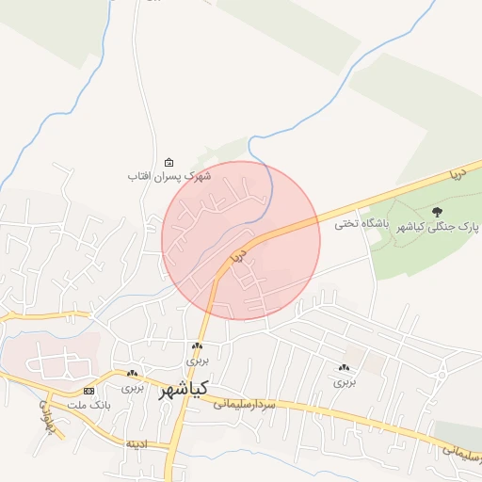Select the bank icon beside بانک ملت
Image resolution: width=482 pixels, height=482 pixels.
coord(88,390)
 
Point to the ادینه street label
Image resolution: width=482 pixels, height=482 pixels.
coord(137,443)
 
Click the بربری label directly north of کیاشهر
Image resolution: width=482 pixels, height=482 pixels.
coord(197,361)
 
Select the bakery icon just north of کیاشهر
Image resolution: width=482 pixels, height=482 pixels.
coord(197,346)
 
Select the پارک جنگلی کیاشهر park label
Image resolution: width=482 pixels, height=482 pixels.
coord(440,228)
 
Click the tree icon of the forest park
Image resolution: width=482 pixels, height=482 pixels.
coord(436,213)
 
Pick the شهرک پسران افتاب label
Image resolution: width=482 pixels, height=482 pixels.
coord(170,176)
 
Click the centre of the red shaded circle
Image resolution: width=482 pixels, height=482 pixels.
coord(241,240)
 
